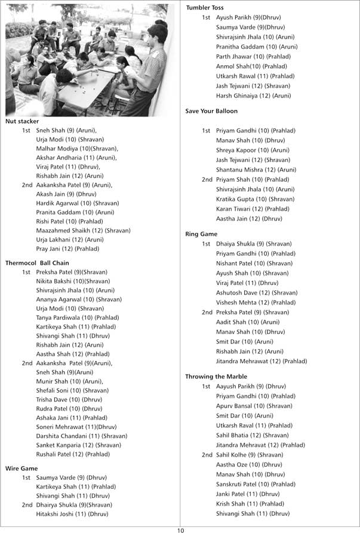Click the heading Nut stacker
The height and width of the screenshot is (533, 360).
tap(22, 121)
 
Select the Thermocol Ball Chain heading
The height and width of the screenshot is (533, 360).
tap(37, 263)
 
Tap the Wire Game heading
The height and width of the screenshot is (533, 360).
tap(21, 468)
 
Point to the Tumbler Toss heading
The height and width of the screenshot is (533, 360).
tap(205, 8)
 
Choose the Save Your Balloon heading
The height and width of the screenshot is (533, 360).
tap(211, 111)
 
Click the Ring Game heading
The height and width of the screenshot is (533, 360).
tap(201, 234)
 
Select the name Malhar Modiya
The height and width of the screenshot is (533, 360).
tap(54, 148)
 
